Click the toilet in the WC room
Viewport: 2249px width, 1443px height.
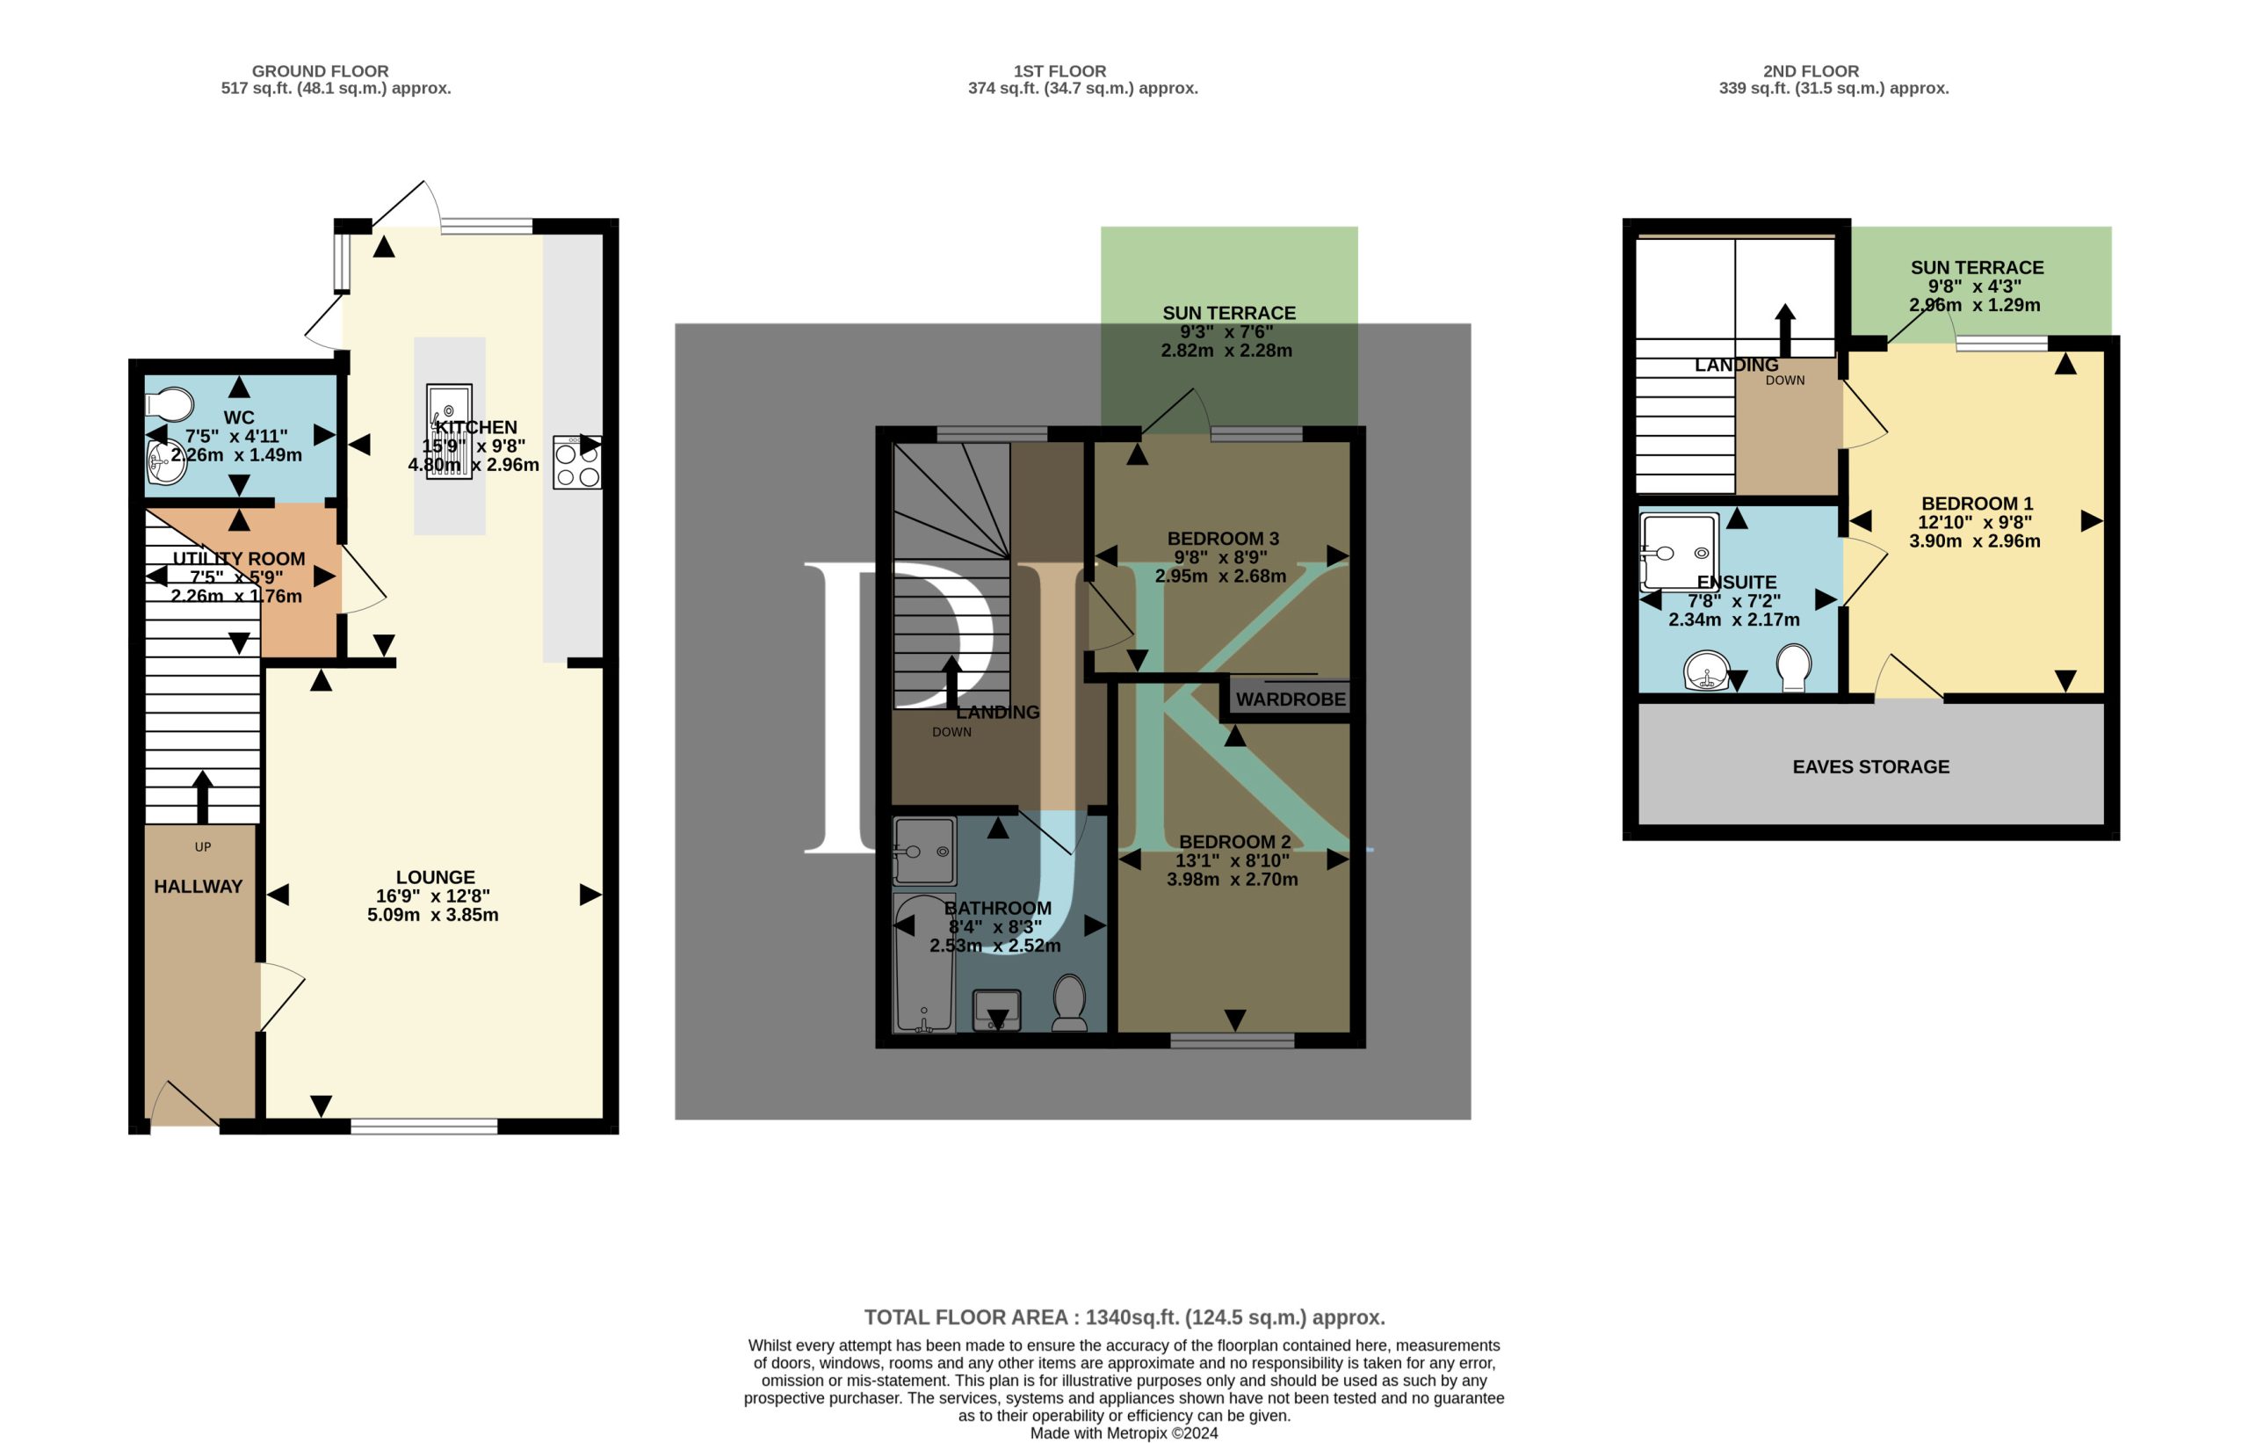tap(170, 405)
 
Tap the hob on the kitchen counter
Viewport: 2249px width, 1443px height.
tap(577, 462)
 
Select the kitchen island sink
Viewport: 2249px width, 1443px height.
tap(450, 431)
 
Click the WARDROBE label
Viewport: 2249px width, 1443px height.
tap(1290, 699)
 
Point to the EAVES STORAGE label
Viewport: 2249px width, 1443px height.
tap(1870, 766)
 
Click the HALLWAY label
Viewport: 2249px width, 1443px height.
tap(198, 887)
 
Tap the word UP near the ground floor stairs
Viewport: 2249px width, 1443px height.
tap(202, 847)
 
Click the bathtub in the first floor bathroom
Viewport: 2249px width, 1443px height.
tap(924, 963)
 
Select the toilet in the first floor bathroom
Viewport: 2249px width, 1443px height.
tap(1070, 1003)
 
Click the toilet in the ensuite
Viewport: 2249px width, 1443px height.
tap(1793, 667)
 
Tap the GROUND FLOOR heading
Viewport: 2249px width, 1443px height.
tap(321, 71)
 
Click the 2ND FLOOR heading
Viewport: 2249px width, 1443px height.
tap(1811, 71)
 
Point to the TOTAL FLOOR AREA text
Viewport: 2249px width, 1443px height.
tap(1124, 1317)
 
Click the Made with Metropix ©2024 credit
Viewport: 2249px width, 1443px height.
tap(1124, 1432)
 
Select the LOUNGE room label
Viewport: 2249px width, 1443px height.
tap(436, 877)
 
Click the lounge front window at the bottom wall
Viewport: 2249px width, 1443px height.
tap(424, 1127)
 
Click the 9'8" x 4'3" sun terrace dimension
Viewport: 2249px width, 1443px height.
tap(1975, 286)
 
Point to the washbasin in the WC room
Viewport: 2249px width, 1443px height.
tap(166, 463)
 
